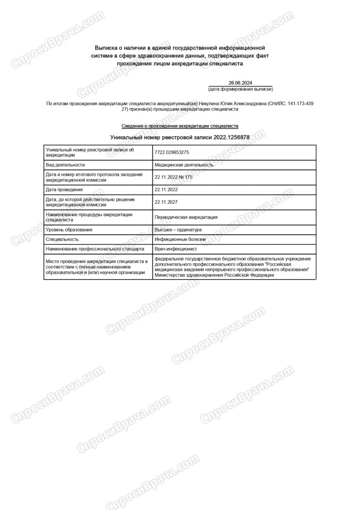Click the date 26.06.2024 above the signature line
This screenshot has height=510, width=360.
240,83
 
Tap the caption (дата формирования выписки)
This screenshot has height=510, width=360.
240,89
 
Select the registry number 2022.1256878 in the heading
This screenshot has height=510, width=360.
231,137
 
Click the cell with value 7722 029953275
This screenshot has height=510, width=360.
172,152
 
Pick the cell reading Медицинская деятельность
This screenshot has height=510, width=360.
184,165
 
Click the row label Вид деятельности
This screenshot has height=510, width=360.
65,165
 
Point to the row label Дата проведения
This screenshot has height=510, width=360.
64,189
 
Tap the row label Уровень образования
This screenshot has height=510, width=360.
69,229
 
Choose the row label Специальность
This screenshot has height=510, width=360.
62,239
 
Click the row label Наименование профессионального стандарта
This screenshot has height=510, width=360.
96,248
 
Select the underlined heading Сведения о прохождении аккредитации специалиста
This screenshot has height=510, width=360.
179,125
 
